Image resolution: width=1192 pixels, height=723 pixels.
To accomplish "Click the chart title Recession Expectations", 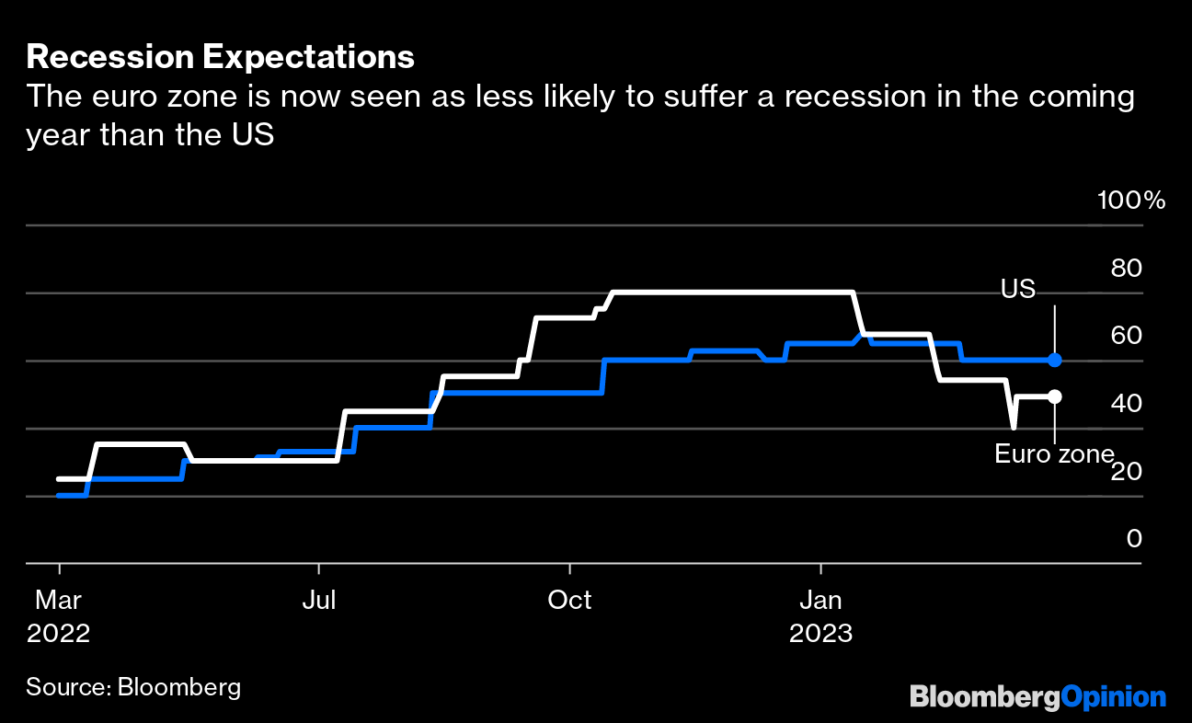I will coord(221,58).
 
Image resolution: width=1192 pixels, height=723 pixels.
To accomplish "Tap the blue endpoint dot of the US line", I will coord(1055,360).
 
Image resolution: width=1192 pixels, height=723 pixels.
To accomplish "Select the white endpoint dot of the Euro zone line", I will coord(1055,396).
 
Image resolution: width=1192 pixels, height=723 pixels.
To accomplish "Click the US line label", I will coord(1018,289).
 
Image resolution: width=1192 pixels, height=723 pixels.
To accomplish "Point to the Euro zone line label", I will coord(1054,453).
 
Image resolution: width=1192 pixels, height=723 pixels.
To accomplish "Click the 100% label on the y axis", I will coord(1131,201).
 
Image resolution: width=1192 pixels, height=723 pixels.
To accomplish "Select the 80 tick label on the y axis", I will coord(1127,268).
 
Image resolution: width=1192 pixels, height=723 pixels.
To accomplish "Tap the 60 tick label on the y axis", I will coord(1127,335).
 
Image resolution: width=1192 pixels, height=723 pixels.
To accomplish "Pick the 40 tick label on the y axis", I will coord(1127,403).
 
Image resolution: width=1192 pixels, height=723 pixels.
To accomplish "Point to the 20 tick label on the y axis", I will coord(1127,471).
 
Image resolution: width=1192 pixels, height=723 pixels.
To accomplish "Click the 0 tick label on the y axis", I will coord(1134,538).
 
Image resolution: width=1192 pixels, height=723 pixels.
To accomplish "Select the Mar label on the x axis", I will coord(59,601).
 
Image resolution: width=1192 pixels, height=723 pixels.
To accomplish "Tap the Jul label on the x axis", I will coord(318,601).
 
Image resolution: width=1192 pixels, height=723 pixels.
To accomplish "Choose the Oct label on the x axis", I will coord(569,601).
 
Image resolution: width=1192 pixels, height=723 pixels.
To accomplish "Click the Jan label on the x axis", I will coord(819,601).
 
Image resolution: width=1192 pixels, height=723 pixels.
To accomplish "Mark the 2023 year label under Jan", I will coord(819,634).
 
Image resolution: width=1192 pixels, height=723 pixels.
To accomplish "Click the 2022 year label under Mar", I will coord(59,634).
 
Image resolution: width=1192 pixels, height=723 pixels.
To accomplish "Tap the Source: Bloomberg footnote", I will coord(133,687).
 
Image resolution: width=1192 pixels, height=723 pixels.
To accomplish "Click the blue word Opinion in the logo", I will coord(1114,697).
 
